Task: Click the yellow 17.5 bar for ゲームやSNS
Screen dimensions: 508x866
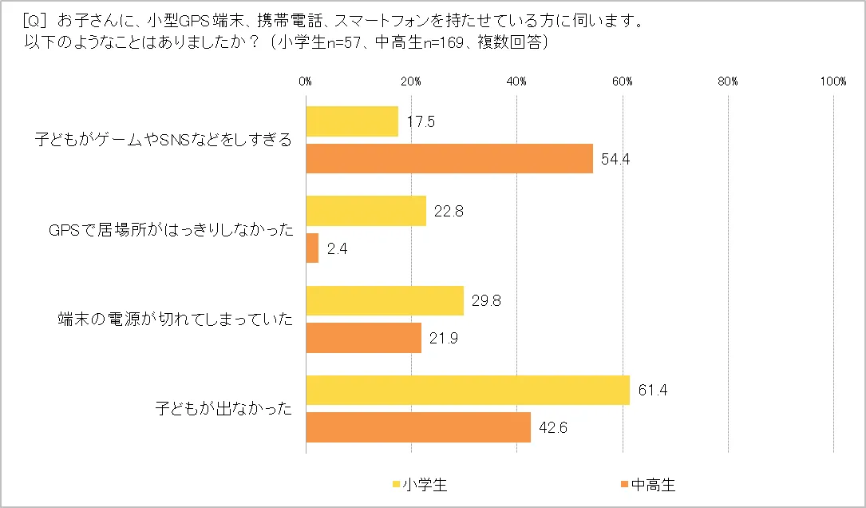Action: pos(352,121)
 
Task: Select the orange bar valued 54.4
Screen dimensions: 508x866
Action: pos(449,158)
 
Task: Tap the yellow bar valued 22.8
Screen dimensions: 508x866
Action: pos(366,211)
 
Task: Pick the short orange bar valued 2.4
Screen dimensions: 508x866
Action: pos(312,248)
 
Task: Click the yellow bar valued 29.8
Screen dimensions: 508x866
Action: pos(384,300)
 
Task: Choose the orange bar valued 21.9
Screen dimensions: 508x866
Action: pos(363,337)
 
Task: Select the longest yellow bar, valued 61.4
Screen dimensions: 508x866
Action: pos(468,390)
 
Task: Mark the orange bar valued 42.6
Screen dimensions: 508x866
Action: pos(418,427)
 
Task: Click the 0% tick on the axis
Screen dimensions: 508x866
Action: pos(305,81)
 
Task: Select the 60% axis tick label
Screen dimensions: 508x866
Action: pos(623,81)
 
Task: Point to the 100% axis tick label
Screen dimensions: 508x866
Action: pos(833,81)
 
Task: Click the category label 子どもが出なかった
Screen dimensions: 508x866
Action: pos(223,408)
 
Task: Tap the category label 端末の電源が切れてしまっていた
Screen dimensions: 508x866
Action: pos(175,319)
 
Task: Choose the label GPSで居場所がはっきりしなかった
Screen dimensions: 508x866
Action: pos(171,230)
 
